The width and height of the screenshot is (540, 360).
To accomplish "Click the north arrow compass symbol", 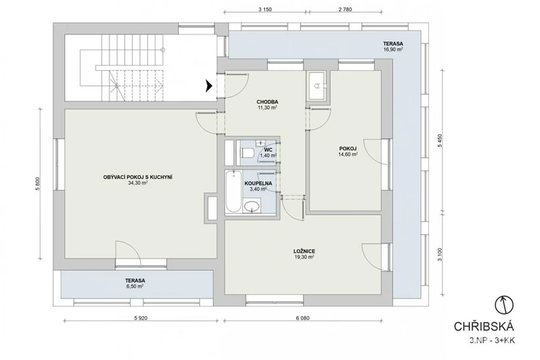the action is pos(504,305).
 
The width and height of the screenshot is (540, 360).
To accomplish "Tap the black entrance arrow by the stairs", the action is pos(209,85).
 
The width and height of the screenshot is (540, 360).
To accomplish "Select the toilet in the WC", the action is pos(247,152).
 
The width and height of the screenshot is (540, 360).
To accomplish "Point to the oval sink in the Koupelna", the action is pos(252,206).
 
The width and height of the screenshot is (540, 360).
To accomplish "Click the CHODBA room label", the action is pos(267,102).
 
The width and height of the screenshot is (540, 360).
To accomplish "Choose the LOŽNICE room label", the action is pos(304,251).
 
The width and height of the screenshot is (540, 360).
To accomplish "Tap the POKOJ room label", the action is pos(348,149).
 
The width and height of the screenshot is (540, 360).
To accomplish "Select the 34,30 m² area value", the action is pos(138,183).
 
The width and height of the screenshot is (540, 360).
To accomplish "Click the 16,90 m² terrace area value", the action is pos(393,49).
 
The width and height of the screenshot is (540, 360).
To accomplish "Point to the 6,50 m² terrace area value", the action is pos(135,286).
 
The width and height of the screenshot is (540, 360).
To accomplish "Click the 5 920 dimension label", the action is pos(140,318).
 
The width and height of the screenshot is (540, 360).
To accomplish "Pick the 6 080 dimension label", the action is pos(302,318).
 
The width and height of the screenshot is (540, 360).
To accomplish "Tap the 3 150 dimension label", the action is pos(265,9).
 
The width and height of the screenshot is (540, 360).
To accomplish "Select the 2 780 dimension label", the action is pos(345,9).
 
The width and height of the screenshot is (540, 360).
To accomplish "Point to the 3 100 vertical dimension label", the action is pos(440,255).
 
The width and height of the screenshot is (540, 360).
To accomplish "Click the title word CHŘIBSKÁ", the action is pos(484,326).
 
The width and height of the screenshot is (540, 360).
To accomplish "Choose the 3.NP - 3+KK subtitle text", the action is pos(492,341).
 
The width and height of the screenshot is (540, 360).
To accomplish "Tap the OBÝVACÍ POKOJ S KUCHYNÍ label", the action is pos(138,177).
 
